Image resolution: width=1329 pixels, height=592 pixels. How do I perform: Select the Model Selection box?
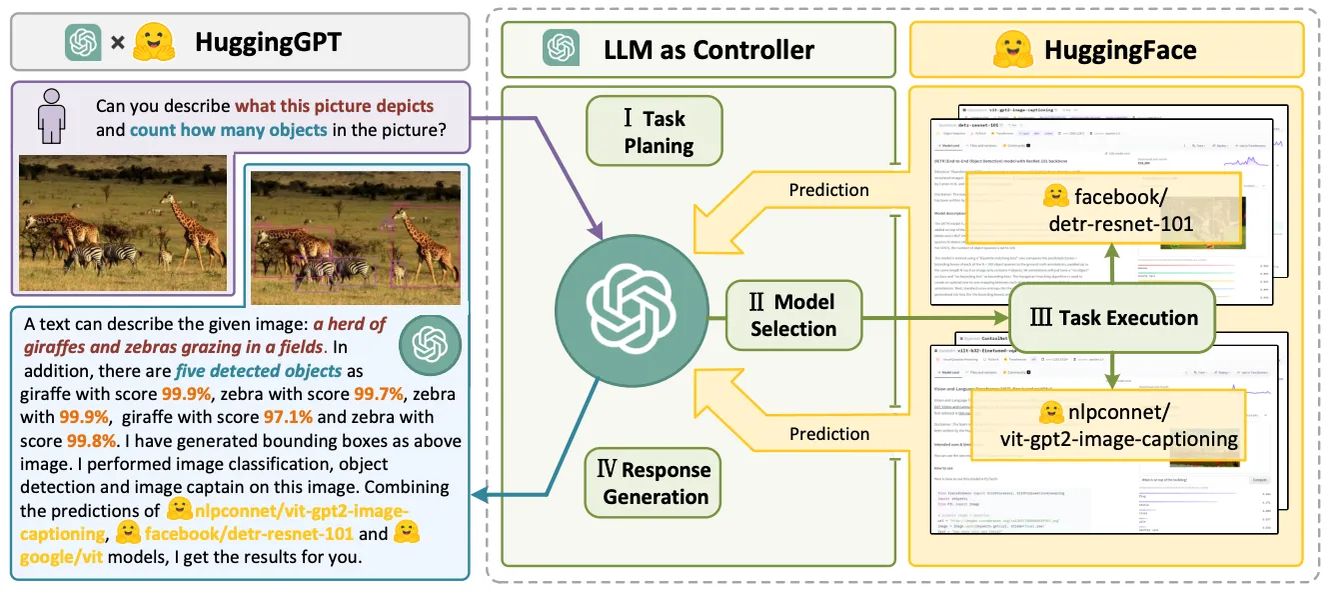click(x=793, y=314)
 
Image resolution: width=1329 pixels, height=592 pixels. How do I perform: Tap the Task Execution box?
click(x=1112, y=318)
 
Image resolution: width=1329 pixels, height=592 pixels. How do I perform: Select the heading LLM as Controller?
click(x=708, y=49)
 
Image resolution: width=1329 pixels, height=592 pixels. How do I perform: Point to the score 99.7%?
click(x=380, y=394)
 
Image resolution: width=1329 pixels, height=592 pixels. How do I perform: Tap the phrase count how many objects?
click(x=228, y=130)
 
